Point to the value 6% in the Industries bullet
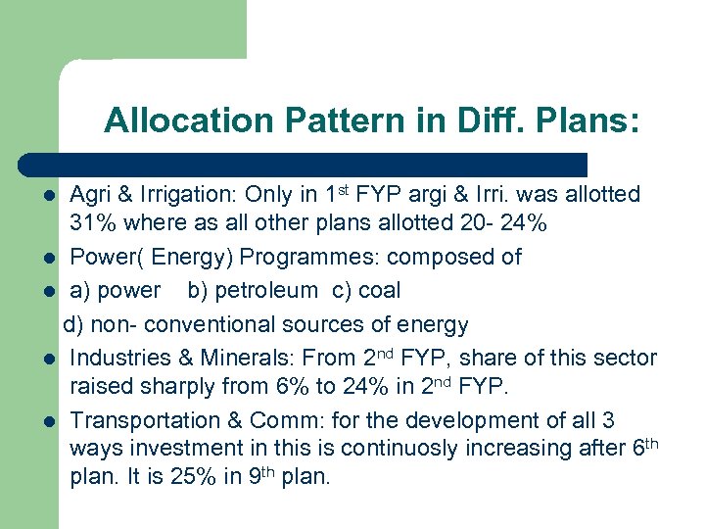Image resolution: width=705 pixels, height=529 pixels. (293, 386)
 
